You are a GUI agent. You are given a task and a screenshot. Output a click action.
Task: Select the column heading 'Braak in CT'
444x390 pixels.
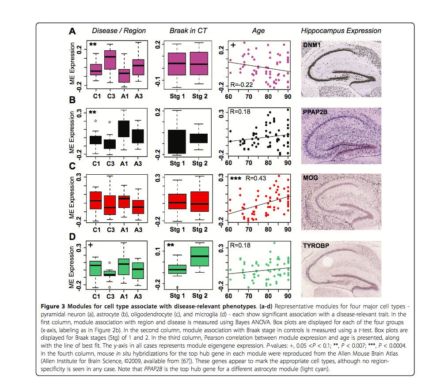click(188, 31)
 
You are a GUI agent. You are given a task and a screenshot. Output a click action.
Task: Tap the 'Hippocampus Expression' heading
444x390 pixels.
click(341, 31)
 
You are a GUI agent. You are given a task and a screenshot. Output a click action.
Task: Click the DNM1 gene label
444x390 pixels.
click(311, 45)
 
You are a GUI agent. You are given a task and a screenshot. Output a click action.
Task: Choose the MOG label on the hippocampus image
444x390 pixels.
click(311, 178)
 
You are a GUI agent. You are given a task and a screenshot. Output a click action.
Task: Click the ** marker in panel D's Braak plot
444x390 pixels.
click(170, 245)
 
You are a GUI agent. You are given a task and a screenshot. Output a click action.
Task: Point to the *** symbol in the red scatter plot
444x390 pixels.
click(236, 179)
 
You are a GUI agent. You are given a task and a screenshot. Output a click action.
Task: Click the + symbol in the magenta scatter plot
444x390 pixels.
click(233, 45)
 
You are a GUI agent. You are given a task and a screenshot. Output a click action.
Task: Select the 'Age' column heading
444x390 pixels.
click(258, 31)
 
